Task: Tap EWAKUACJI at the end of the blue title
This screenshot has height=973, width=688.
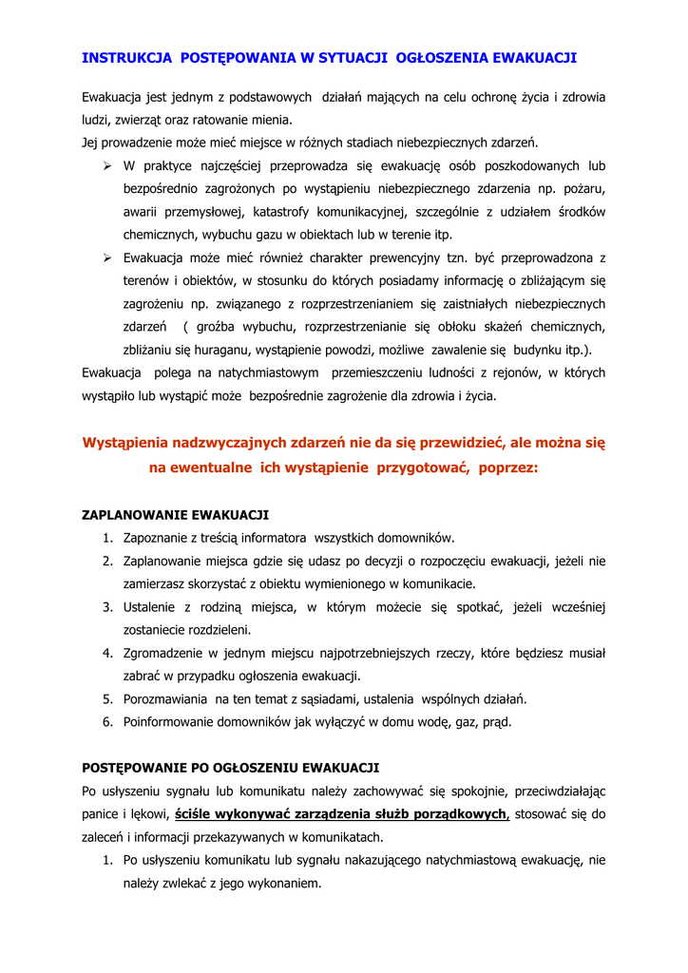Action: [535, 58]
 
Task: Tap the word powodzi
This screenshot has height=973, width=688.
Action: [354, 350]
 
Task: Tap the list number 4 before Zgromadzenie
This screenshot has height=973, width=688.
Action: [108, 654]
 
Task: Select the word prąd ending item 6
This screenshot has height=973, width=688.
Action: [496, 722]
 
